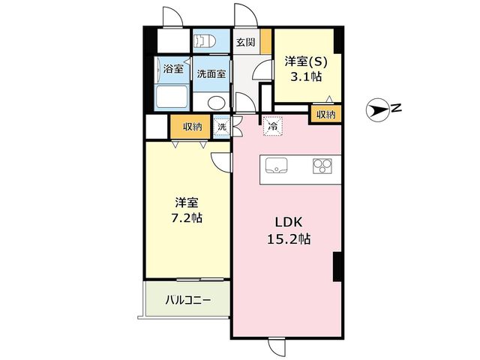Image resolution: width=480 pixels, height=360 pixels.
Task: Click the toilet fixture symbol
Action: pos(205,40)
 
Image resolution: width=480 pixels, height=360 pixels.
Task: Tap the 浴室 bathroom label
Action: pos(173,68)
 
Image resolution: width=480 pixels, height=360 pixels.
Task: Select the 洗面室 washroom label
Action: pos(211,73)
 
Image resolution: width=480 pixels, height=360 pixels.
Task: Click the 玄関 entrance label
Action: pos(245,42)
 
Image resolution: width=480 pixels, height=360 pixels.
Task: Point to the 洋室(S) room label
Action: pos(306,61)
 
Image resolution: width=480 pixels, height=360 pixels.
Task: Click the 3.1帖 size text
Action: pos(306,76)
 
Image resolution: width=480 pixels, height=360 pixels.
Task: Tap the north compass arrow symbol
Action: pos(377,110)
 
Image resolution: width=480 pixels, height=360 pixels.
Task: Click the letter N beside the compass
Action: pos(396,107)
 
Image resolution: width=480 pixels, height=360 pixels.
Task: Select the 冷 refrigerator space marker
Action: pos(272,125)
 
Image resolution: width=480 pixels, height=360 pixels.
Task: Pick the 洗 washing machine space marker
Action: pos(222,126)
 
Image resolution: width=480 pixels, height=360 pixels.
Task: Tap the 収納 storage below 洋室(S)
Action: pos(325,115)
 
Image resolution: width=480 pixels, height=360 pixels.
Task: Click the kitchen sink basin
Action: pos(276,166)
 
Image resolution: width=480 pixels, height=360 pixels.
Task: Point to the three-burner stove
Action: pos(322,166)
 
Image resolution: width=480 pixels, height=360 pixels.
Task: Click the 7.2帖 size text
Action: pos(186,218)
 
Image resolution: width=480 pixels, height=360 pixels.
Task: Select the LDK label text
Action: pos(289,222)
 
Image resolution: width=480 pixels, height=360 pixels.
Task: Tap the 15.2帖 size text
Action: pos(289,238)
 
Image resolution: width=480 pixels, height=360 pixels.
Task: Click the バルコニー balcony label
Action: pos(188,300)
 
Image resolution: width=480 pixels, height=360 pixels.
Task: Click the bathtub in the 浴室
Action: pos(172,97)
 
